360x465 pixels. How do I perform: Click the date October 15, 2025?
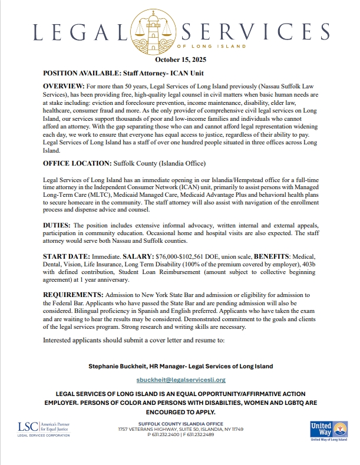(180, 60)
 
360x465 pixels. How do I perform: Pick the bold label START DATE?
(66, 258)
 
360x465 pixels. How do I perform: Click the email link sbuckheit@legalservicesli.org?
(181, 380)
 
